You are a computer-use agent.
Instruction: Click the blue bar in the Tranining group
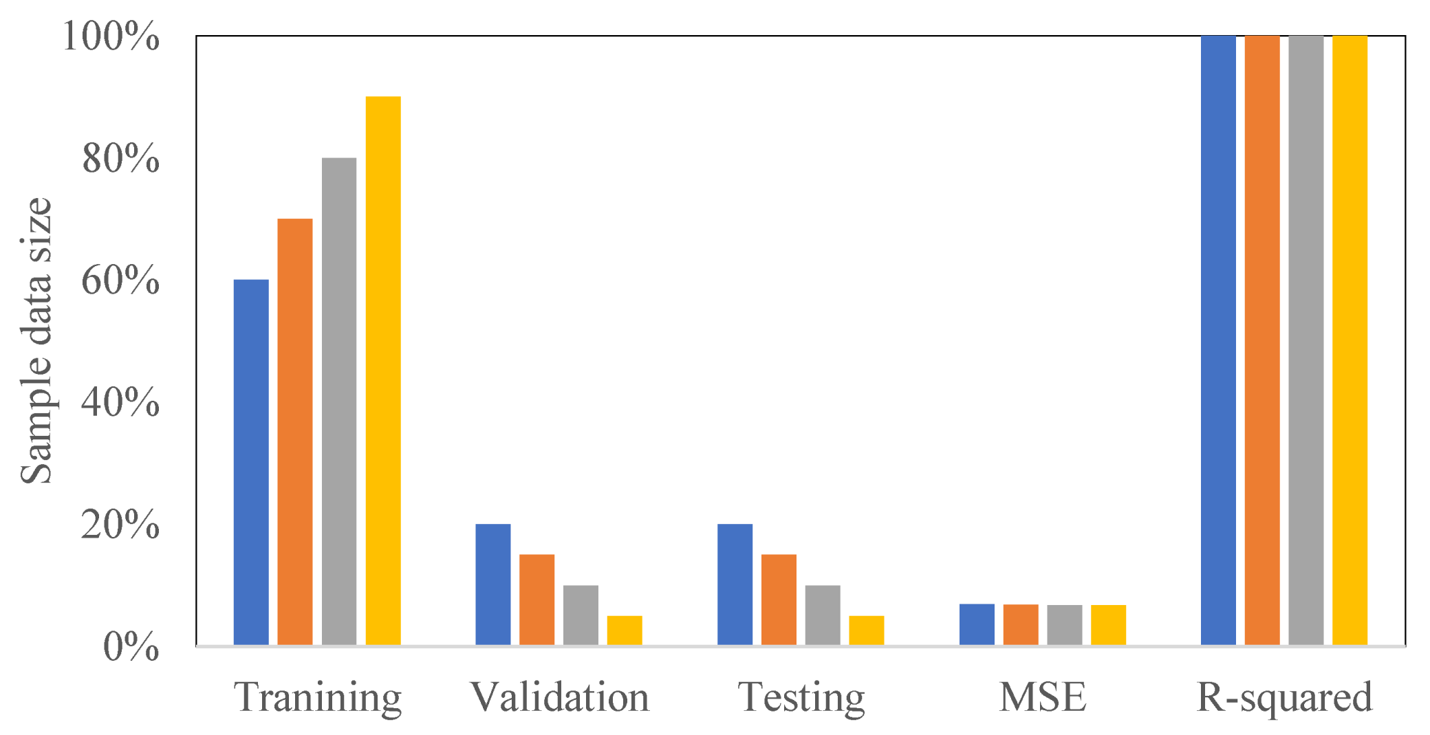[x=251, y=462]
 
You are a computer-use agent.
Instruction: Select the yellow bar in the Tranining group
[x=383, y=371]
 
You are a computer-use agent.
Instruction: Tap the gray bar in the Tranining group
[x=339, y=402]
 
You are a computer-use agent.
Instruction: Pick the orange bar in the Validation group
[x=537, y=600]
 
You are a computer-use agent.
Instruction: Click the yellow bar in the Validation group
[x=625, y=630]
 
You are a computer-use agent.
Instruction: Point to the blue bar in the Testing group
[x=735, y=584]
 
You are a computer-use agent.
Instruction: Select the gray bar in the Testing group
[x=823, y=615]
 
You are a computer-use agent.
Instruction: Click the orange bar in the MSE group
[x=1021, y=624]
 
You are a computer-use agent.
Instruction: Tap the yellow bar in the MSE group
[x=1109, y=625]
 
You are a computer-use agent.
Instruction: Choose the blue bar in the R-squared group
[x=1218, y=340]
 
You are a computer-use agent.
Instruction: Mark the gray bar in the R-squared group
[x=1306, y=340]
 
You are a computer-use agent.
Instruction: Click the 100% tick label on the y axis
[x=111, y=36]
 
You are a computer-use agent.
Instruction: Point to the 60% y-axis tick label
[x=120, y=281]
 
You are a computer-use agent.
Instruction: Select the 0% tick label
[x=131, y=647]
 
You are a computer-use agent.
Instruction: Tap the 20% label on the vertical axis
[x=120, y=525]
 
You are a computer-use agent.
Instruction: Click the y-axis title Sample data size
[x=36, y=340]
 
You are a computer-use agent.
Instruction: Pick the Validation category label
[x=559, y=697]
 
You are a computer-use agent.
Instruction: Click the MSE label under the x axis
[x=1043, y=697]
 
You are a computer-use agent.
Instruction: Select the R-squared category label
[x=1284, y=697]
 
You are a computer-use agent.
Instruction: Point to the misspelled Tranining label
[x=318, y=697]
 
